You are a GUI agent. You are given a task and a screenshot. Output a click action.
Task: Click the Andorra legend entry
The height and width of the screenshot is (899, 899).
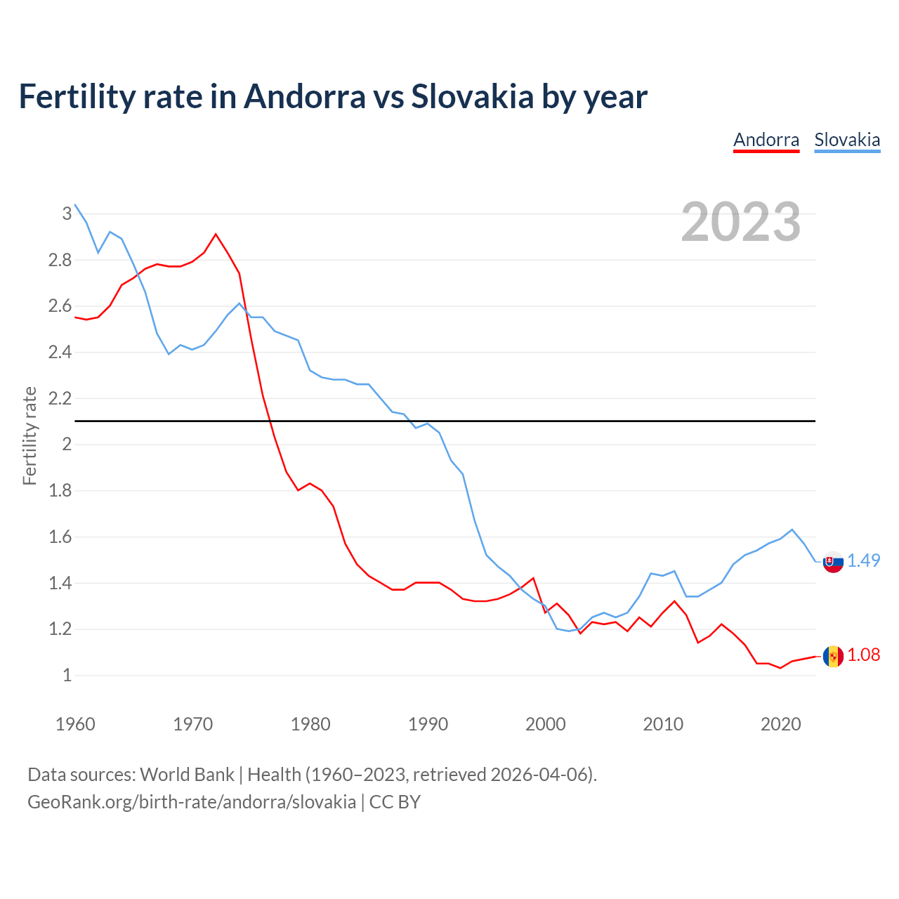[x=766, y=140]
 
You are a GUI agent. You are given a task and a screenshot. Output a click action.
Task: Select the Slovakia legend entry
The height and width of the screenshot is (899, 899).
[x=847, y=140]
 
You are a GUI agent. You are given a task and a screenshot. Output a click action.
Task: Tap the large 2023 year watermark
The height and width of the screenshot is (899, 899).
[x=741, y=222]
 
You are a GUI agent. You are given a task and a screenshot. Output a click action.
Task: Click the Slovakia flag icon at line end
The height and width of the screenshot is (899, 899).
[x=833, y=562]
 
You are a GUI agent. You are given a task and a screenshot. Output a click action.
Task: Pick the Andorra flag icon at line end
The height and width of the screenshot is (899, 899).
[x=833, y=656]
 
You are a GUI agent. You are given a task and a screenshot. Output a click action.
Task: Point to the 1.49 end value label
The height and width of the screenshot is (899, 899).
[x=864, y=560]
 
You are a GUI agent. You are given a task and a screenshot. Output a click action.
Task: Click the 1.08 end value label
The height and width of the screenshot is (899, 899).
[x=864, y=655]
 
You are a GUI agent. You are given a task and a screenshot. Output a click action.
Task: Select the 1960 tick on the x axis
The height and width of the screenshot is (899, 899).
[x=75, y=724]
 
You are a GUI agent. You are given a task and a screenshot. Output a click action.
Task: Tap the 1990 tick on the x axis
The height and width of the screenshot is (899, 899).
[x=428, y=724]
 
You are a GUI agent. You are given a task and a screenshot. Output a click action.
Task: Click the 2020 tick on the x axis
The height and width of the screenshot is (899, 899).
[x=780, y=724]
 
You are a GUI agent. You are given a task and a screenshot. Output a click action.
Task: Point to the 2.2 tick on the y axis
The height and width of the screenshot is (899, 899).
[x=60, y=398]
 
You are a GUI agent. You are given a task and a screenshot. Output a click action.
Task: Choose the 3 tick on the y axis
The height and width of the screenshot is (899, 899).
[x=67, y=214]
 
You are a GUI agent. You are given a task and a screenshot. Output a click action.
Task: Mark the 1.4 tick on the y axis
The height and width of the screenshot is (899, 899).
[x=60, y=583]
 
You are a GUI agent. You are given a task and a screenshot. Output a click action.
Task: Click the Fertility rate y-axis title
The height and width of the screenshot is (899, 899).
[x=29, y=435]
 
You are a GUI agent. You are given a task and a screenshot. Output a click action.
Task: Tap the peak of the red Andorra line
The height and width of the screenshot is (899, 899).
[x=216, y=234]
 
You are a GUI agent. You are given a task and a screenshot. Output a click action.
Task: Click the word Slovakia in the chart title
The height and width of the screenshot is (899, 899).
[x=473, y=96]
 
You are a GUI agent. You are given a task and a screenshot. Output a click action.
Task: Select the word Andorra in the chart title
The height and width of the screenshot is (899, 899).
[x=304, y=96]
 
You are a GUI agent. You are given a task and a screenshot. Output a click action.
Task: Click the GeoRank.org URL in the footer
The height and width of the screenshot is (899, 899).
[x=192, y=802]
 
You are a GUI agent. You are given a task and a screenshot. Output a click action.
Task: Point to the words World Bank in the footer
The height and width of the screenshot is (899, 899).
[x=187, y=775]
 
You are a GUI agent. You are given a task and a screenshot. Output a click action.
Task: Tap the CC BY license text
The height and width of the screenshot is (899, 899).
[x=395, y=802]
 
